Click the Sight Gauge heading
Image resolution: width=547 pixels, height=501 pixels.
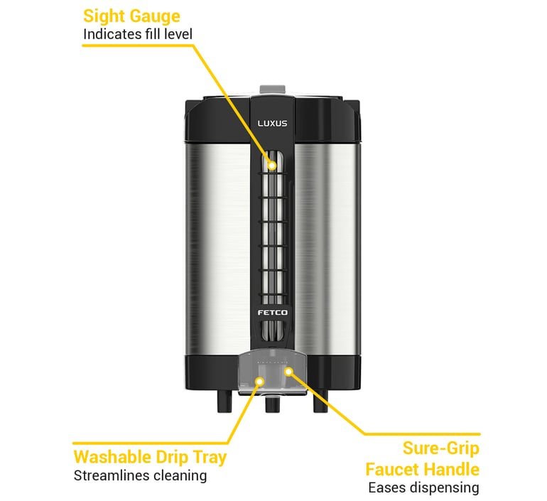(x=131, y=16)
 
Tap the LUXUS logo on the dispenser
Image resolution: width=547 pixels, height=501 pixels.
(x=272, y=124)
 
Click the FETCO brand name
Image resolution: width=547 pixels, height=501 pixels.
(x=272, y=311)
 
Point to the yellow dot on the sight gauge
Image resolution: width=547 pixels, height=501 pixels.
(x=272, y=165)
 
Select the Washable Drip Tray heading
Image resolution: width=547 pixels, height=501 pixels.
(x=150, y=456)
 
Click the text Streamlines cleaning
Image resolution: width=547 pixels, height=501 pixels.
(x=140, y=475)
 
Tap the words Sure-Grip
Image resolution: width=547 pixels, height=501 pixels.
(x=440, y=448)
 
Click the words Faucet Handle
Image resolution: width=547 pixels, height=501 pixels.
(x=422, y=469)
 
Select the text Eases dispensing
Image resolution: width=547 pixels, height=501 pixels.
(x=423, y=487)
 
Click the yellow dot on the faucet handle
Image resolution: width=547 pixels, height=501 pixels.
(x=288, y=370)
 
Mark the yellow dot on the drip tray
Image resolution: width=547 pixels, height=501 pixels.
(x=260, y=382)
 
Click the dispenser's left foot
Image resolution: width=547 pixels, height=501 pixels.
(x=220, y=403)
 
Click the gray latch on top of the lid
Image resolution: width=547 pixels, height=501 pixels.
(x=272, y=89)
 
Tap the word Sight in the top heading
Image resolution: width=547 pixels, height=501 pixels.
(x=101, y=16)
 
